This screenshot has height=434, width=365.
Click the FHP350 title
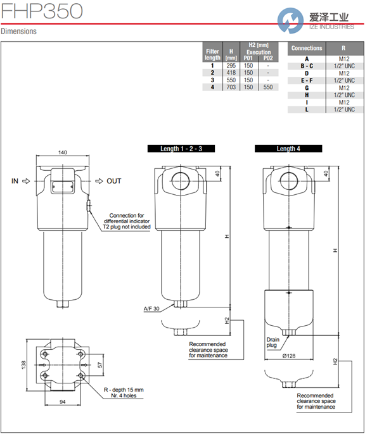(x=42, y=11)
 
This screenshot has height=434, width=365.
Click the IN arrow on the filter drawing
(x=26, y=182)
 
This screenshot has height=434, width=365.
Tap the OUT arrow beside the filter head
(x=99, y=182)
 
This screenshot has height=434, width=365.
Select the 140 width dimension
(x=63, y=152)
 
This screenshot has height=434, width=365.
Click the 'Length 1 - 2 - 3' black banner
(x=181, y=149)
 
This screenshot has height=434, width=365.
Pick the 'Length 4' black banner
(x=288, y=149)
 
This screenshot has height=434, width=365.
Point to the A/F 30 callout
(x=151, y=309)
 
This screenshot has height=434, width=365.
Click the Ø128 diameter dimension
(x=289, y=356)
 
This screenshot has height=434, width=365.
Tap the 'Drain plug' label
(x=272, y=342)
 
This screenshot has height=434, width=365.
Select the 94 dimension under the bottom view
(x=63, y=402)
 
